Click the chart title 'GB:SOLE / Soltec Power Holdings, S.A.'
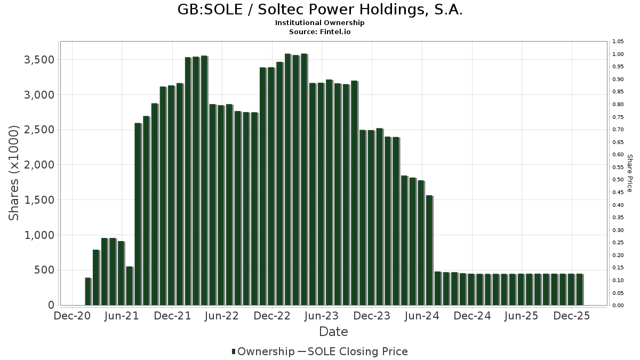click(x=320, y=10)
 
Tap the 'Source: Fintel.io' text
click(x=320, y=32)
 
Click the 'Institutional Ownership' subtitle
click(x=320, y=23)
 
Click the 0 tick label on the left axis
click(x=51, y=305)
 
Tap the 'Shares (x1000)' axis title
click(x=14, y=173)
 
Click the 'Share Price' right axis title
click(x=630, y=173)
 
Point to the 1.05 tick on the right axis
click(x=618, y=42)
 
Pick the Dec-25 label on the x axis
click(x=572, y=316)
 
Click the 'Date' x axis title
click(x=333, y=332)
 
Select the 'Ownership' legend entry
click(x=266, y=351)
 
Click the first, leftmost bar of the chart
click(x=88, y=291)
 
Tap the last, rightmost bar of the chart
click(x=579, y=290)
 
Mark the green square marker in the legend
click(x=234, y=351)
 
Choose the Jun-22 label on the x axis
click(x=222, y=316)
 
